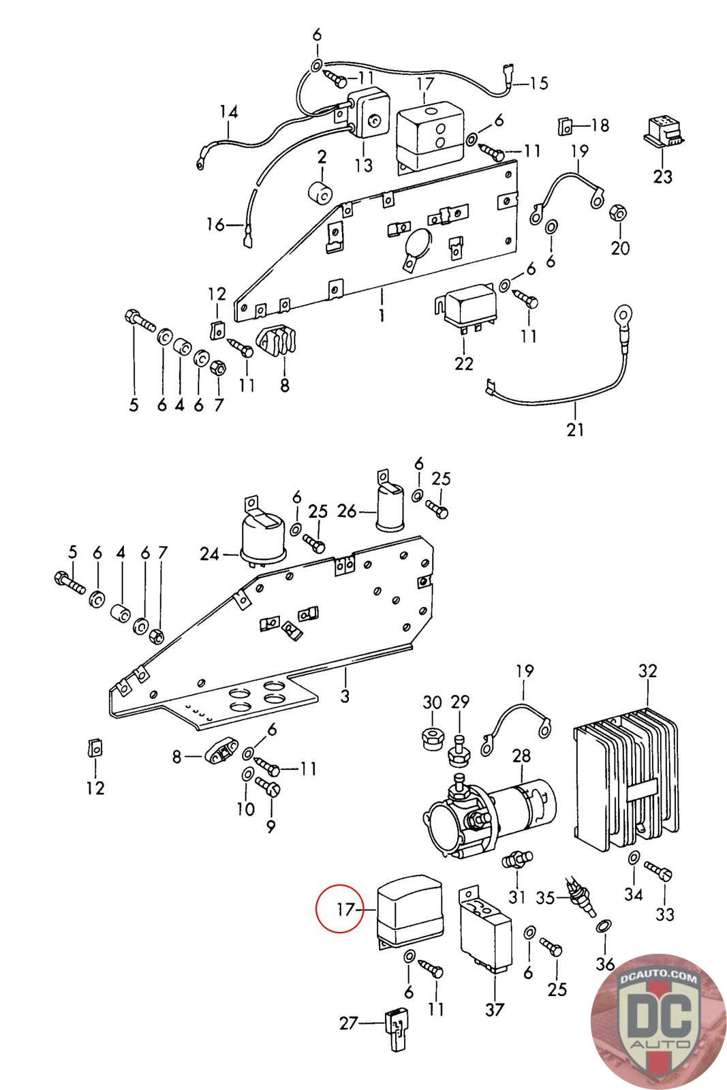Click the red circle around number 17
[x=340, y=908]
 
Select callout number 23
[x=662, y=176]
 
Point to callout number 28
[x=521, y=756]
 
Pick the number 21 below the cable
[x=574, y=429]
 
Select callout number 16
[x=215, y=224]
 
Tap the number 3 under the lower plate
[x=345, y=696]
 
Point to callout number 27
[x=349, y=1023]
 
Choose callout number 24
[x=209, y=554]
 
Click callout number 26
[x=347, y=511]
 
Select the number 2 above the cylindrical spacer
[x=322, y=157]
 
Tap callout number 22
[x=463, y=363]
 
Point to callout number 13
[x=364, y=164]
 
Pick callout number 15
[x=539, y=82]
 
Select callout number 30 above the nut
[x=431, y=702]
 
